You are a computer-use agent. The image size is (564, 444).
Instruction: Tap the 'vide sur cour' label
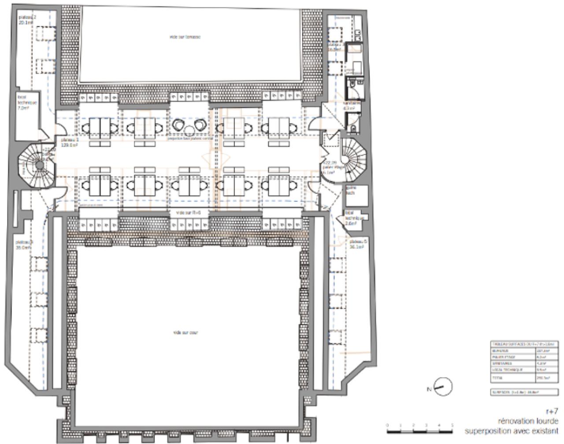click(x=186, y=332)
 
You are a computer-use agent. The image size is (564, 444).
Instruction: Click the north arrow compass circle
click(x=443, y=387)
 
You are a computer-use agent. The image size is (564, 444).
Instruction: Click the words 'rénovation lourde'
click(x=528, y=421)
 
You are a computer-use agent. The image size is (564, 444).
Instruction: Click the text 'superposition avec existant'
click(x=511, y=431)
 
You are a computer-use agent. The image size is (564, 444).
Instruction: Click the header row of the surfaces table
click(x=524, y=344)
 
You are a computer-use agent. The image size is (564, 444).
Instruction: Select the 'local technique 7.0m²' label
click(x=27, y=102)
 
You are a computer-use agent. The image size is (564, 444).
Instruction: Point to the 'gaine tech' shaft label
click(x=351, y=190)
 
